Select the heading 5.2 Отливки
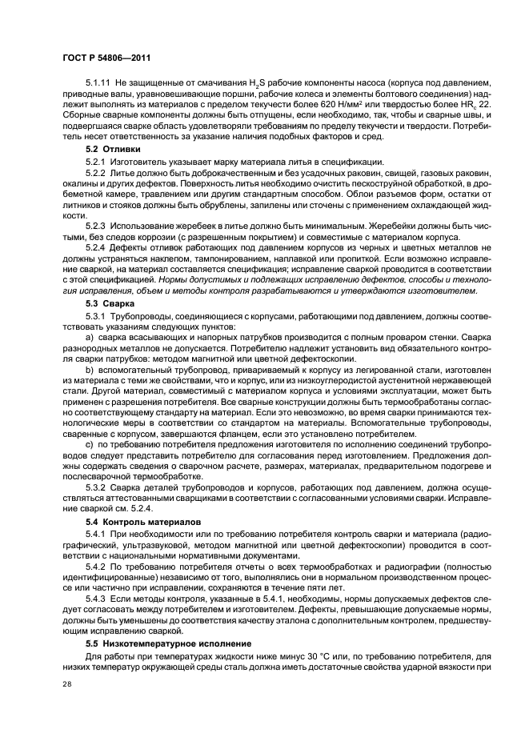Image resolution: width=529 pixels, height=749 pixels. click(113, 149)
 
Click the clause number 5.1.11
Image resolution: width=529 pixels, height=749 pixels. click(98, 83)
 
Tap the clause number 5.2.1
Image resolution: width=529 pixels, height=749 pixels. click(95, 162)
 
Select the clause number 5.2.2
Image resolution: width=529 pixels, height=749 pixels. click(95, 174)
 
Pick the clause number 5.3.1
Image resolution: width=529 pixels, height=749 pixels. click(95, 317)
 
